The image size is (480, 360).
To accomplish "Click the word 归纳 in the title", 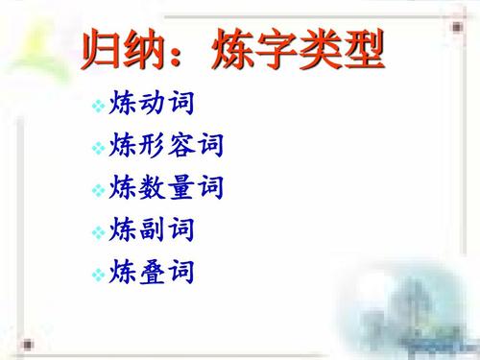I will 121,48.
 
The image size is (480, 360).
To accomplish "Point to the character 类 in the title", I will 318,48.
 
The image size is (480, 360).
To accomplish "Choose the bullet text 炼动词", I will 153,102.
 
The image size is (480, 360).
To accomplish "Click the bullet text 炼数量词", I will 167,187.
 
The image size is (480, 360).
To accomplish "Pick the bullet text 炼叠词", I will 153,273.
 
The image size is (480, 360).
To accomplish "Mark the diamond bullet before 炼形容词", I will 98,148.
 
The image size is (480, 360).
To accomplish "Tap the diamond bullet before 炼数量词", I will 98,191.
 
